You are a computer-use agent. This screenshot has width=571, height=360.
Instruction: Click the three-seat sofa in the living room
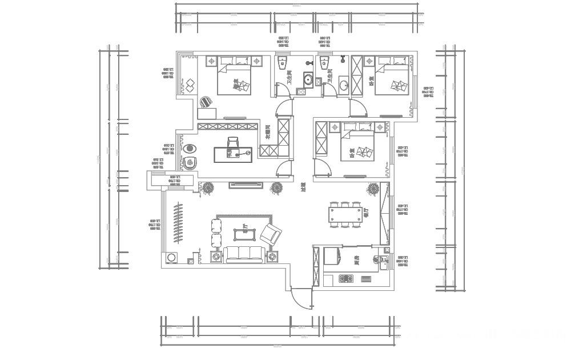click(x=245, y=255)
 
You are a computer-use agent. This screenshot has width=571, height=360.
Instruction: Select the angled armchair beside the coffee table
click(x=270, y=234)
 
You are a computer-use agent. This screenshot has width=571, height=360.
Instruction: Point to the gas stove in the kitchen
click(x=346, y=279)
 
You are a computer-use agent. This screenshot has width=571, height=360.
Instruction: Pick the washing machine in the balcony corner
click(x=171, y=258)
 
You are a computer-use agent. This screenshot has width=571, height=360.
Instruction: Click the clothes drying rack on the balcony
click(x=178, y=223)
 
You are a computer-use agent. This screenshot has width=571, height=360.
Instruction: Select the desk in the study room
click(x=232, y=154)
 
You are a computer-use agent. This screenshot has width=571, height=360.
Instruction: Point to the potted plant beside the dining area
click(x=373, y=188)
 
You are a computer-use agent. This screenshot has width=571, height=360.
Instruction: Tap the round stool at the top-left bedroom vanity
click(x=205, y=101)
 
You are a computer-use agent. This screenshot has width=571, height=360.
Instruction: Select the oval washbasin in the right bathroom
click(x=344, y=86)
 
